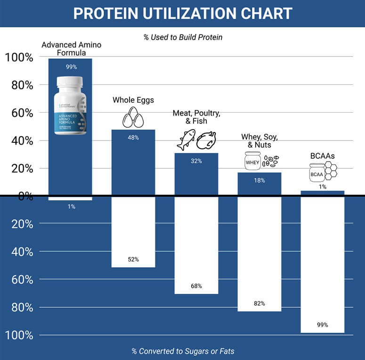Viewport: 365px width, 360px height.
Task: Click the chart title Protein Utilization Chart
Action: coord(182,13)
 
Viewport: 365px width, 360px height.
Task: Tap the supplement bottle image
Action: coord(70,106)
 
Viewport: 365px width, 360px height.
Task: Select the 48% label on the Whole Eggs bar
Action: coord(133,138)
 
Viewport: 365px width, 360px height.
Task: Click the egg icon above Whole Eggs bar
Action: coord(133,116)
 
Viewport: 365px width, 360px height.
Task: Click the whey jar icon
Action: coord(252,162)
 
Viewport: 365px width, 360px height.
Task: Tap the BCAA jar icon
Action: coord(316,173)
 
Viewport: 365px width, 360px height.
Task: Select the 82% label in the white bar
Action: coord(259,303)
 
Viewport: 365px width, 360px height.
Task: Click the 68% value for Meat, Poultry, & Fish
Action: coord(196,286)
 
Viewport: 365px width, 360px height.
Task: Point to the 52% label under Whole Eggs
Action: coord(133,260)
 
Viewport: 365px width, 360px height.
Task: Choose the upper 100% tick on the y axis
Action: coord(19,57)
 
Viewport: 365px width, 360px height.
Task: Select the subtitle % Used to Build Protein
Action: coord(183,37)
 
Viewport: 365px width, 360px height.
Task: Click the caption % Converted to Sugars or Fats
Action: coord(183,351)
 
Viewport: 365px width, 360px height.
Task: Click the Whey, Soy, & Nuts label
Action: coord(259,140)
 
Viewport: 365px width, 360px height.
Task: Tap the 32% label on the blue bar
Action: coord(196,161)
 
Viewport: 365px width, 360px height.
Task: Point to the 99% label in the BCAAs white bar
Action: coord(322,325)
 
